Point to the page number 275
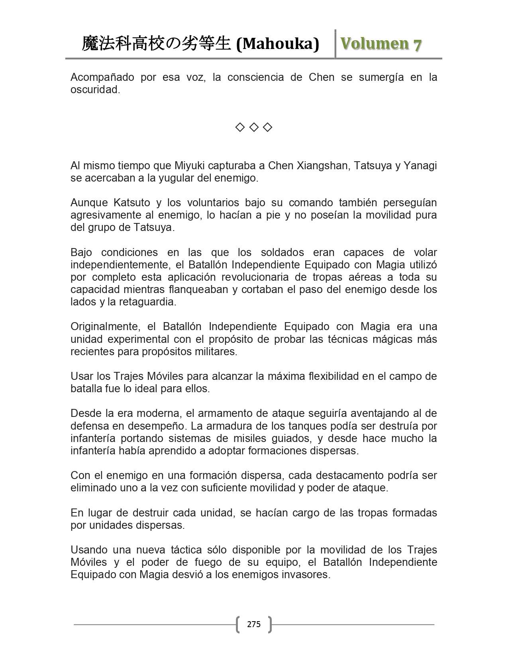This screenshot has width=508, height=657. coord(254,624)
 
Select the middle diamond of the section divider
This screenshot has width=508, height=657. coord(254,127)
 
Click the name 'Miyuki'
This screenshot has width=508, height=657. coord(190,166)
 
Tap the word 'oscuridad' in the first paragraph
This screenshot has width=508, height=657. coord(94,90)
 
